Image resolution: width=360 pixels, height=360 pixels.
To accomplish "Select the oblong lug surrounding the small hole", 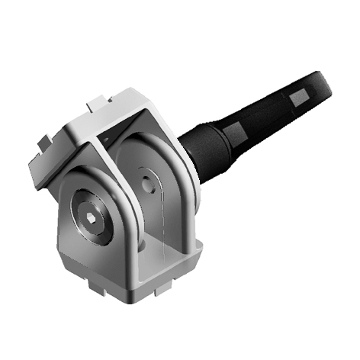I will point(149,191).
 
